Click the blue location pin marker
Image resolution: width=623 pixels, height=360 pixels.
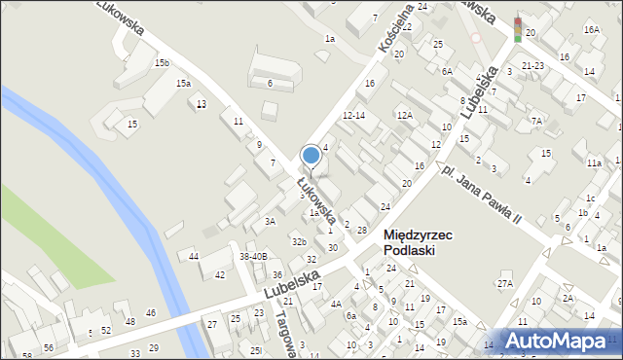(311, 156)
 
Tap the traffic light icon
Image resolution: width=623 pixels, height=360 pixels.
(517, 29)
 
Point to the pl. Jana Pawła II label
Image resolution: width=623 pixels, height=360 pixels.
(481, 195)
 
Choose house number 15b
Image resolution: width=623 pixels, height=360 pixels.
(162, 63)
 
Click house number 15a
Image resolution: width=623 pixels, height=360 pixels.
(183, 84)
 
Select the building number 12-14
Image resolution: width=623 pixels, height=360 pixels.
(353, 115)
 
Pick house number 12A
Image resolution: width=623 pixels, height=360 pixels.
(404, 115)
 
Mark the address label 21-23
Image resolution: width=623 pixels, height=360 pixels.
(532, 65)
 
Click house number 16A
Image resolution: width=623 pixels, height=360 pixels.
(591, 30)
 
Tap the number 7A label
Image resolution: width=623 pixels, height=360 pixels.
(536, 121)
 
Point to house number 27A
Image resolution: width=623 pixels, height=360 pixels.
(504, 283)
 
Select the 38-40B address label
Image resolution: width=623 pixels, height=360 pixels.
(253, 256)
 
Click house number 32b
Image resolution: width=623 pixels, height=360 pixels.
(299, 241)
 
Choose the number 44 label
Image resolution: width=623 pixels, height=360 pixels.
(194, 256)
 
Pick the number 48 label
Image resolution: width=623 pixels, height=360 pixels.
(129, 321)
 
